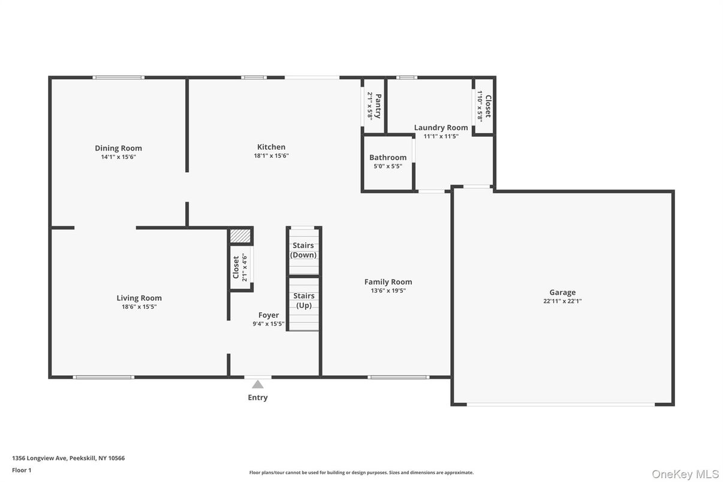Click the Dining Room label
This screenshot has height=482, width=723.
(x=118, y=148)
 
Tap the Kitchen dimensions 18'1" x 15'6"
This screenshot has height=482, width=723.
(x=271, y=156)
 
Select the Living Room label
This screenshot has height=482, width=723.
(x=139, y=298)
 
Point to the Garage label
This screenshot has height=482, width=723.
(x=562, y=293)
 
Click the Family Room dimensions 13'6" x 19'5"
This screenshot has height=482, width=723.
(x=388, y=291)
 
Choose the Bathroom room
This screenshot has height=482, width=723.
(x=388, y=162)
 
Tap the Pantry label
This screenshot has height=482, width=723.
(x=378, y=106)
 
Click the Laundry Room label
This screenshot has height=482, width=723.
(x=441, y=128)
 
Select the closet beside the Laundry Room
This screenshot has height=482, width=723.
(x=483, y=106)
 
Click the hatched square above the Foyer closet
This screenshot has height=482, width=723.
(x=240, y=236)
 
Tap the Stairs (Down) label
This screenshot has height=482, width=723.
(x=303, y=250)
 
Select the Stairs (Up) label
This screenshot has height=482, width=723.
(x=303, y=300)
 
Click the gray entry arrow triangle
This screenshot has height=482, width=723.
(x=258, y=384)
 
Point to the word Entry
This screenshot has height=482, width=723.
(x=258, y=397)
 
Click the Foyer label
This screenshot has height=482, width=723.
(x=268, y=315)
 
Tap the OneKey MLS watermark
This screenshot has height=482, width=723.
(x=685, y=474)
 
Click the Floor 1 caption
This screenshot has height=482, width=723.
(x=22, y=470)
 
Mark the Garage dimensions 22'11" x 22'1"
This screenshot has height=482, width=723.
(x=562, y=302)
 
